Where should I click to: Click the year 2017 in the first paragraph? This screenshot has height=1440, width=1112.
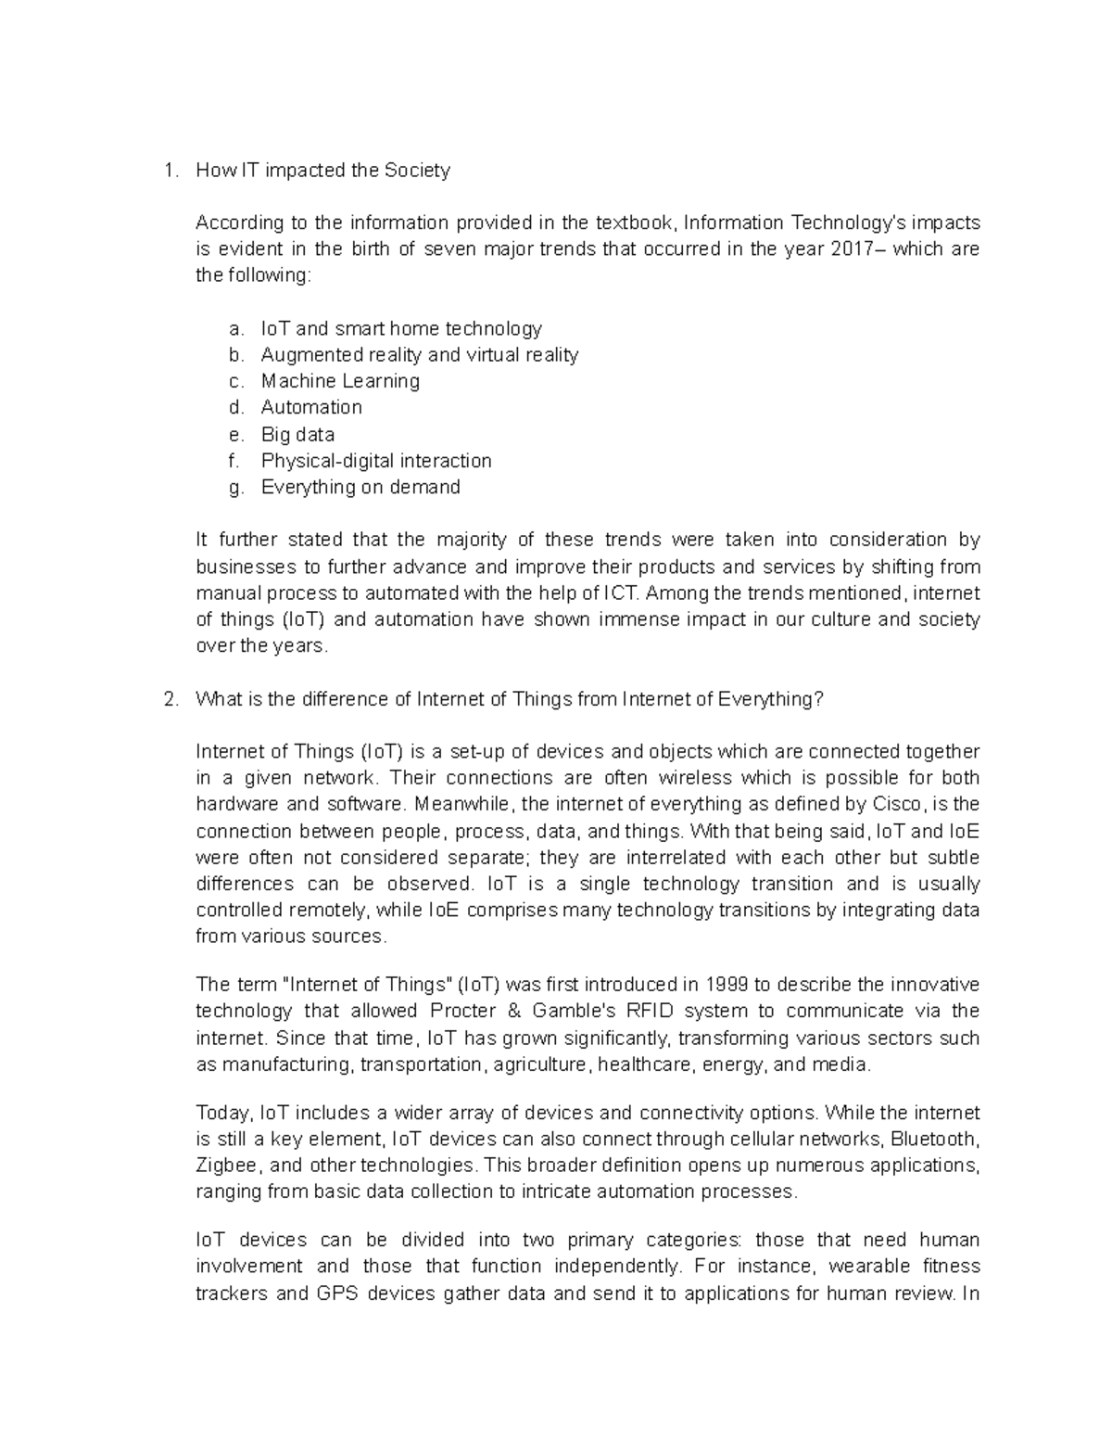pos(848,249)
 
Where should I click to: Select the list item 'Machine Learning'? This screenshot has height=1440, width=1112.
pos(340,381)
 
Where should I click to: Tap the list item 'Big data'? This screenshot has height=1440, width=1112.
pos(297,434)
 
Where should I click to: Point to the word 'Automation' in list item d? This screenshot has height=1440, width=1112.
pos(311,408)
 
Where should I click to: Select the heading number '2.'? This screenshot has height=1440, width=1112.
pos(170,700)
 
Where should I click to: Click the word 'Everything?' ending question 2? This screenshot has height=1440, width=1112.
pos(770,700)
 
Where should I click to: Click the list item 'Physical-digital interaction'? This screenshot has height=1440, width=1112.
pos(376,461)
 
